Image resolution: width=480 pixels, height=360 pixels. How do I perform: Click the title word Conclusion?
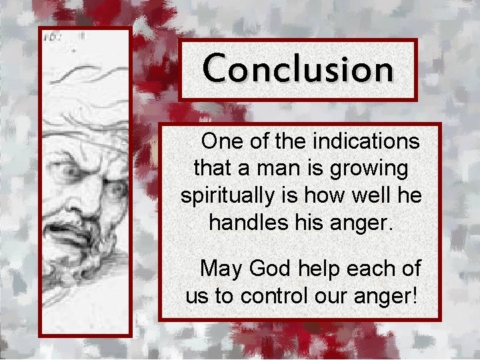(x=298, y=69)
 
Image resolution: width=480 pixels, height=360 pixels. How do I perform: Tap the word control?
(x=274, y=295)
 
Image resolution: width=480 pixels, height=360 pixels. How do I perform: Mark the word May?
(x=222, y=269)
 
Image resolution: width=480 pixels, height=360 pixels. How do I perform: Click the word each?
(x=369, y=269)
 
